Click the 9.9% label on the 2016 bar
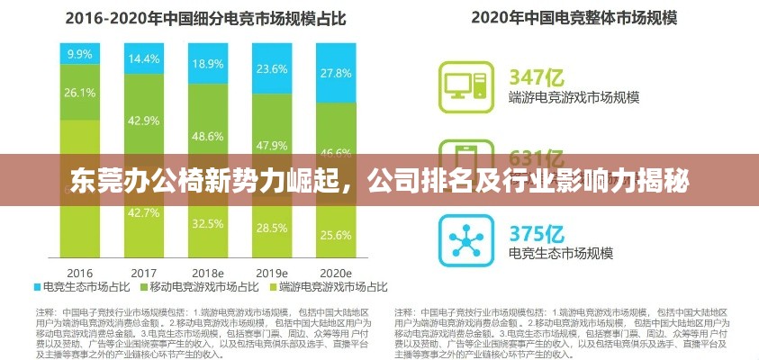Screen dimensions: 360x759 click(x=79, y=55)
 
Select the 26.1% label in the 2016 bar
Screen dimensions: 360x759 click(x=79, y=92)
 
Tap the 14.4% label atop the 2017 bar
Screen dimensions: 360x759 click(x=144, y=59)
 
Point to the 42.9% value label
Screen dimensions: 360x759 click(x=144, y=120)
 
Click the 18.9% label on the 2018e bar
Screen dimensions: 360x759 click(x=208, y=64)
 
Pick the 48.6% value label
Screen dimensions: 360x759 click(x=208, y=136)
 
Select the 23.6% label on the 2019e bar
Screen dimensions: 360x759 click(x=272, y=68)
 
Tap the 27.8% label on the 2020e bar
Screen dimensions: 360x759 click(x=336, y=73)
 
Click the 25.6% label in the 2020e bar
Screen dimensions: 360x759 click(x=336, y=235)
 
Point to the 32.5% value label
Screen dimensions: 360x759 click(x=208, y=223)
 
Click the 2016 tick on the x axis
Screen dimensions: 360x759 click(x=79, y=271)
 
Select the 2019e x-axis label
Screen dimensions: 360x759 click(x=272, y=271)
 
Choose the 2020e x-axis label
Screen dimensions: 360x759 click(x=336, y=271)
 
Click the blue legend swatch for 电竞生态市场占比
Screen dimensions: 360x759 click(x=38, y=288)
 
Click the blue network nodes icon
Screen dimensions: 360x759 click(x=466, y=238)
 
